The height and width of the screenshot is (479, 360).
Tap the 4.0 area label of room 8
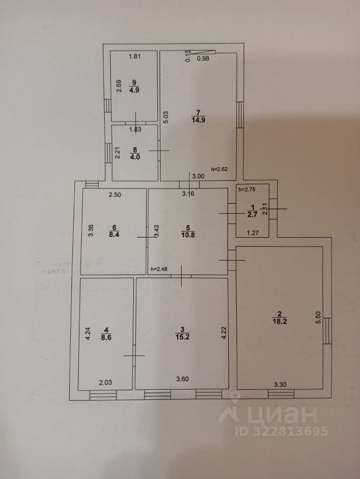click(135, 156)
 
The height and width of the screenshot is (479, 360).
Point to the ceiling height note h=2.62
click(220, 169)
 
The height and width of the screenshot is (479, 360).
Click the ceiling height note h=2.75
click(247, 190)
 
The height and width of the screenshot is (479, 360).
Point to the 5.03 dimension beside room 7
click(170, 116)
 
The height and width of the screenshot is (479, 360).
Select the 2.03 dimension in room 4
click(105, 383)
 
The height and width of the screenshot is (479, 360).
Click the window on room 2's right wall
click(327, 330)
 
